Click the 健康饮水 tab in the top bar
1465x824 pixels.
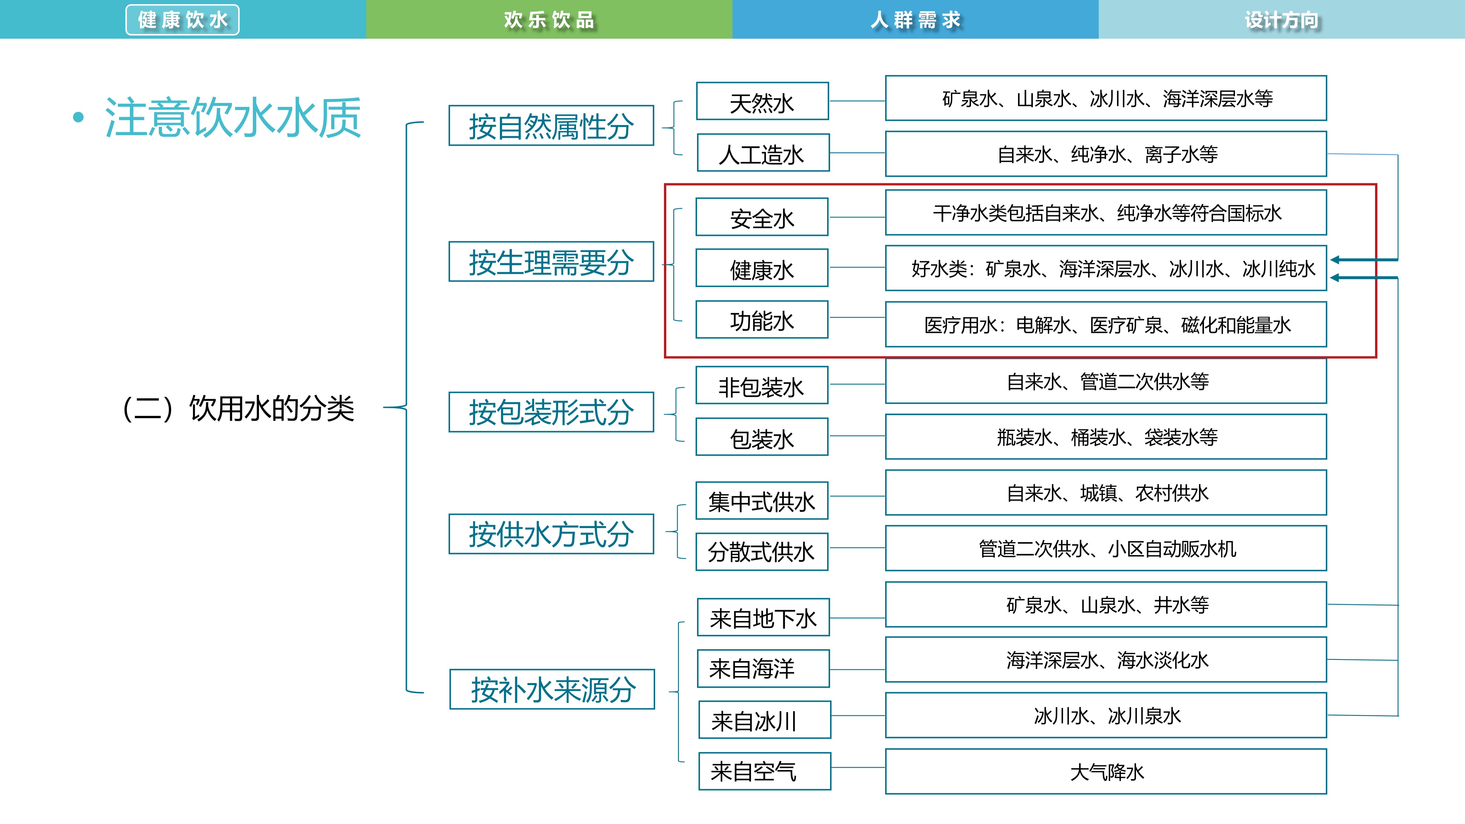(183, 20)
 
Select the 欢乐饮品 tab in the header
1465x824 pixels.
(549, 20)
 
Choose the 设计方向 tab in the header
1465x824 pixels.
(1281, 20)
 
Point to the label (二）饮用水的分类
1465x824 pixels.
(239, 408)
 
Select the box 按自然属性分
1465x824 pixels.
(551, 126)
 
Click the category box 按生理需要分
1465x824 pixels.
(551, 262)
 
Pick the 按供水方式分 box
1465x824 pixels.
(551, 534)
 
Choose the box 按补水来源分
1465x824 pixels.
(552, 689)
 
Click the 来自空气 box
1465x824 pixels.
(764, 771)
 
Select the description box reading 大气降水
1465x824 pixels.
(1105, 772)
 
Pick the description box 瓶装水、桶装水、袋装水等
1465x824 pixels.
(1105, 437)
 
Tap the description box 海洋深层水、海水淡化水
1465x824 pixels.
(1105, 660)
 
